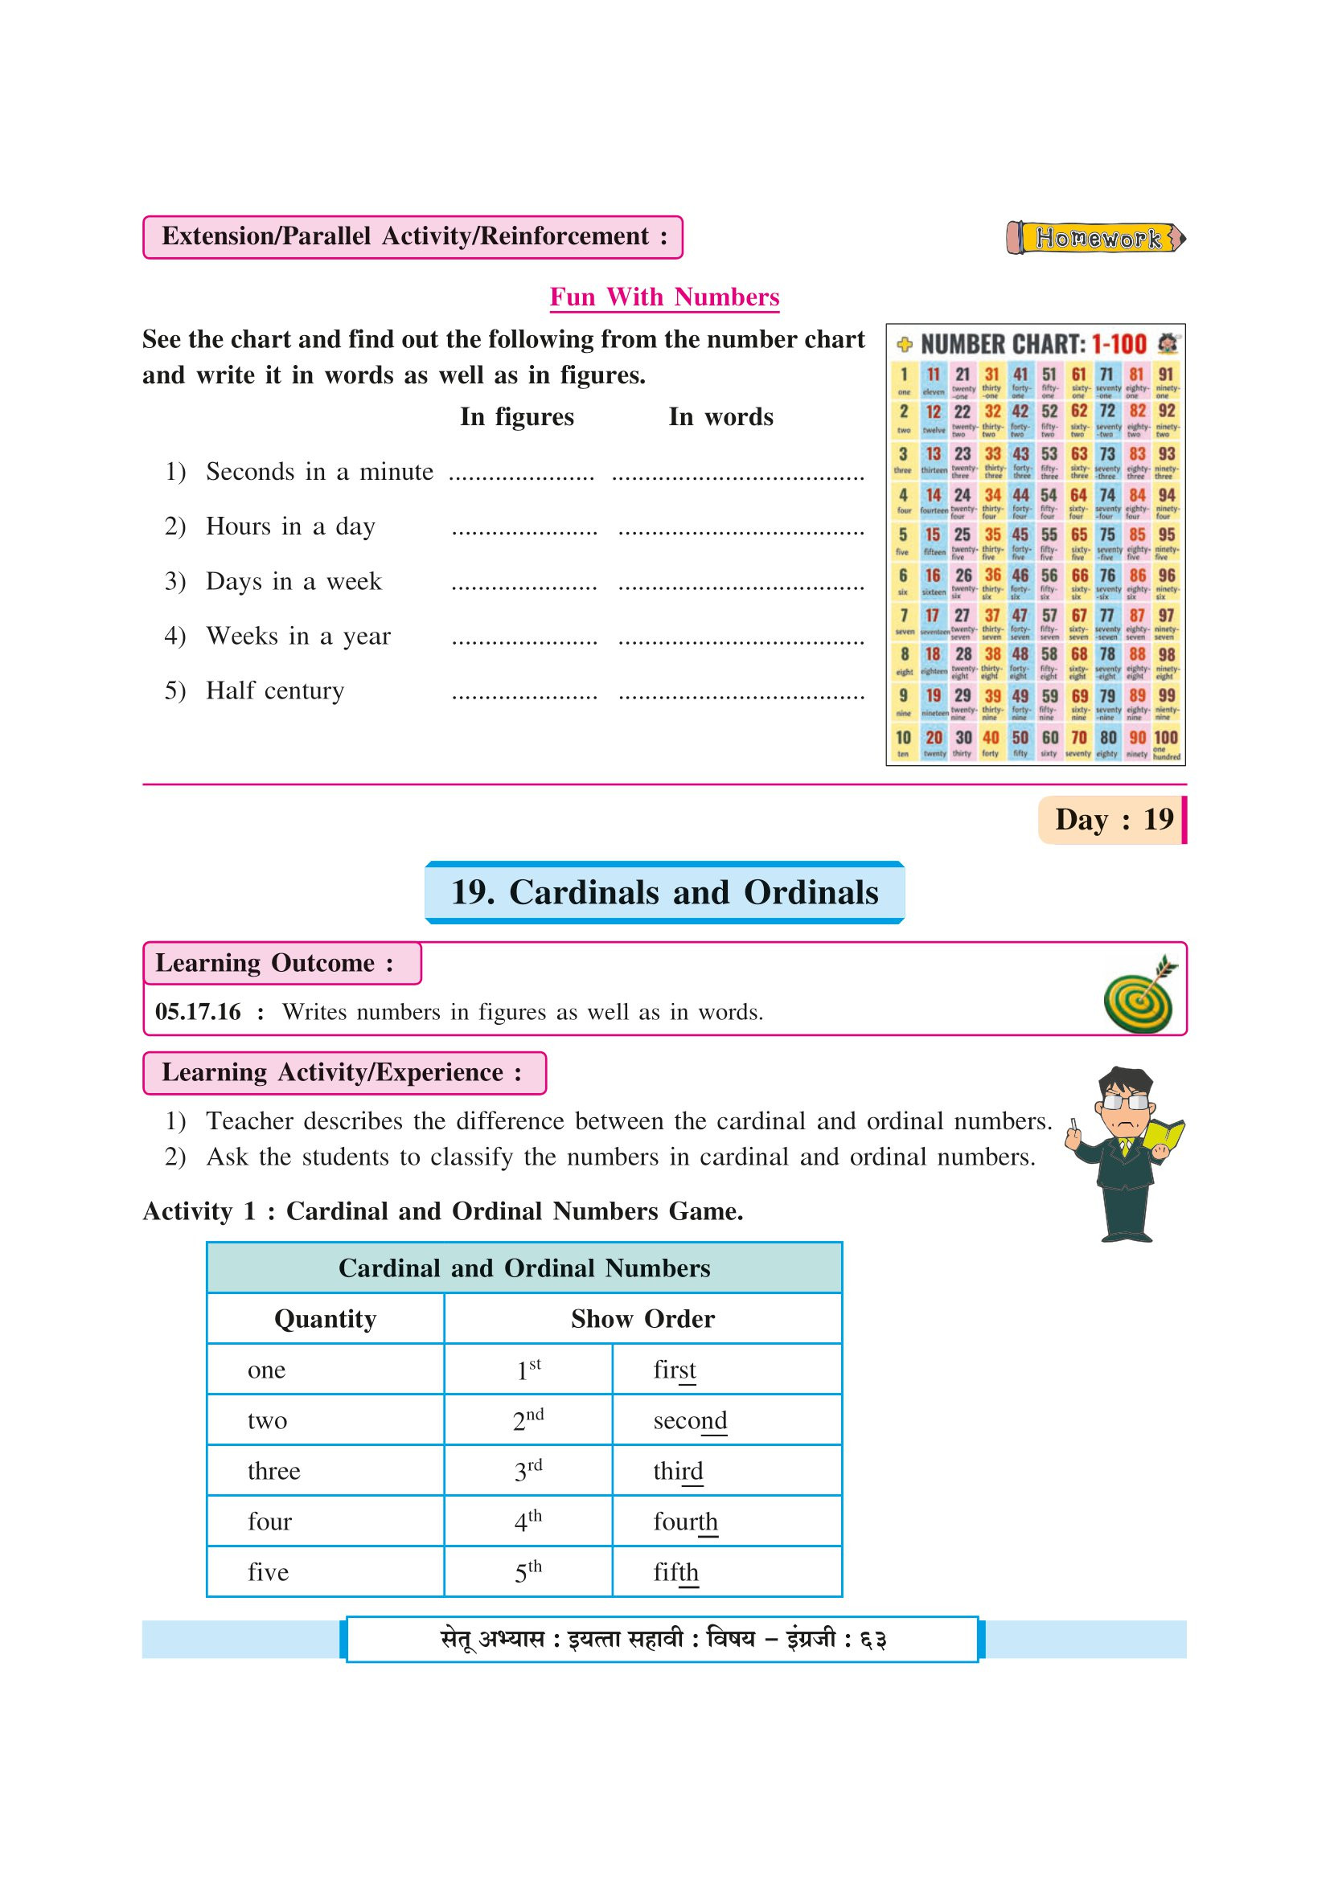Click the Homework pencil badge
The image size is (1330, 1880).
1096,237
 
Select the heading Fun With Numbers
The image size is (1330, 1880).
664,297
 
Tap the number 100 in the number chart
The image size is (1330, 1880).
1165,738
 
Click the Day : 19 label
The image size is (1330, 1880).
1113,820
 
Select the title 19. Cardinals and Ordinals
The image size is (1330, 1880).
664,892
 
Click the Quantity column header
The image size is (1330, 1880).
325,1318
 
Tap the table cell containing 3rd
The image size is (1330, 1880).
528,1472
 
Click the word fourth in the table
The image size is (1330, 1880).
685,1522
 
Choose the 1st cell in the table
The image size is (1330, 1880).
528,1370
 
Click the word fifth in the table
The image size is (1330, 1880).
675,1573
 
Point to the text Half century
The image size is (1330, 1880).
274,690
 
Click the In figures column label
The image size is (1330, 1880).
517,417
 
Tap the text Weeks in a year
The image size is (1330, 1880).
298,637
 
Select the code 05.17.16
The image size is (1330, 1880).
198,1012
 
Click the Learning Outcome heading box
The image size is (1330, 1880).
281,963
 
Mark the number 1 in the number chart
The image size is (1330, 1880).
904,375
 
